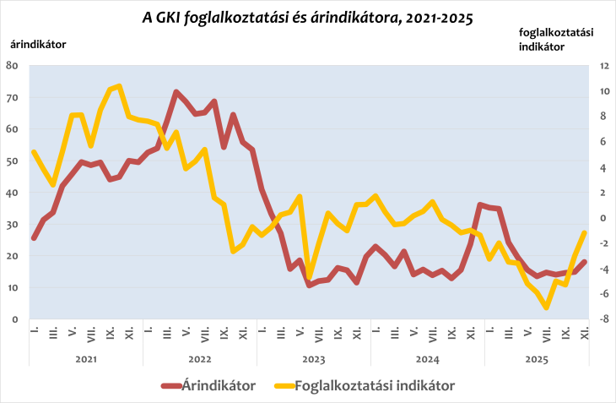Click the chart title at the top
coord(309,17)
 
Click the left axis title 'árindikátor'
coord(38,43)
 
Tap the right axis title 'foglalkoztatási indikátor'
coord(555,39)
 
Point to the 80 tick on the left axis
coord(12,65)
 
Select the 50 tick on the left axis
coord(12,161)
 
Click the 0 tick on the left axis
coord(15,319)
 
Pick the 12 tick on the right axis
coord(604,65)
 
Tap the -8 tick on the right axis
coord(604,319)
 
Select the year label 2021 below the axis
coord(85,358)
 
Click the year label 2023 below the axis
coord(313,358)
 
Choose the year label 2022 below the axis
coord(199,358)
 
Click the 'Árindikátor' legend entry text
coord(219,385)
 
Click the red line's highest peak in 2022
coord(176,92)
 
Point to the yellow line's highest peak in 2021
coord(119,86)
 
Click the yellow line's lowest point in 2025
coord(546,308)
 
